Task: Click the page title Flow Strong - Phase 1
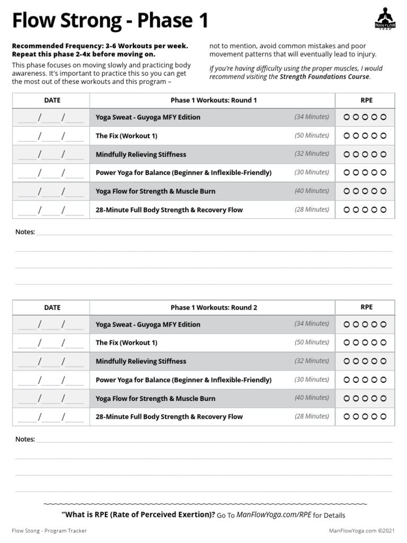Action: [110, 21]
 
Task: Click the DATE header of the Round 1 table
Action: [52, 100]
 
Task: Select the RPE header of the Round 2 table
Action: [366, 307]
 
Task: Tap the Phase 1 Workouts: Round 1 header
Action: [213, 100]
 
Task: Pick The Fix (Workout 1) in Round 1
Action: [126, 136]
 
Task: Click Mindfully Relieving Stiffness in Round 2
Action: [141, 361]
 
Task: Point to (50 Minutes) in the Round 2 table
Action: [312, 343]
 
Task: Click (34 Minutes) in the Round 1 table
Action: [312, 117]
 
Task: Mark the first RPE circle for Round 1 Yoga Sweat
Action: [347, 117]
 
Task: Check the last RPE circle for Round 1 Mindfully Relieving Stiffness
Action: [384, 154]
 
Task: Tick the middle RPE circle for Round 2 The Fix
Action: [365, 343]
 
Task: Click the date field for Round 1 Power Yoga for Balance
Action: [51, 173]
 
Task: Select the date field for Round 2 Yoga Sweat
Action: [51, 325]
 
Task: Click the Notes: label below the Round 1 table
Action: [25, 232]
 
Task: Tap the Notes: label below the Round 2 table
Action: [25, 439]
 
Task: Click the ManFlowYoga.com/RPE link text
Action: [273, 515]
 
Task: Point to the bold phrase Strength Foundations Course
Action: [324, 77]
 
